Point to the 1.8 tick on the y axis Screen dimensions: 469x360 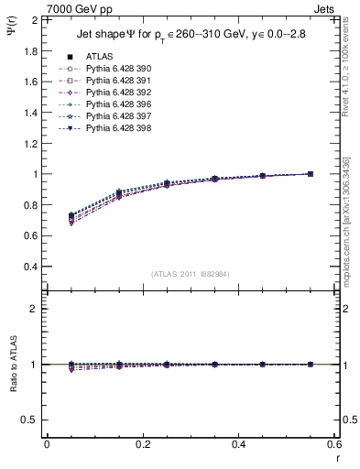30,50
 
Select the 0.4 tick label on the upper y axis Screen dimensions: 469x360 30,267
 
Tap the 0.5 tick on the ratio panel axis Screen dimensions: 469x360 30,420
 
